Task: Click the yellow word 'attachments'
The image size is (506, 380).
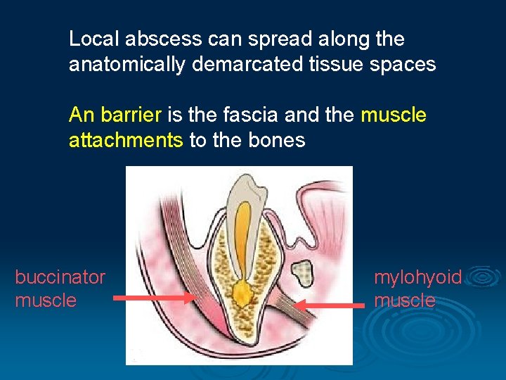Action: [126, 140]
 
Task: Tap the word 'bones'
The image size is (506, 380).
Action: [277, 140]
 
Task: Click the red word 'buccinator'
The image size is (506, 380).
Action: [60, 277]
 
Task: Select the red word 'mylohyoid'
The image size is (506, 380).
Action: [418, 277]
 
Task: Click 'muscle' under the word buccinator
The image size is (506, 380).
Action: [46, 300]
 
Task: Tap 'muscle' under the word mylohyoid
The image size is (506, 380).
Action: [405, 300]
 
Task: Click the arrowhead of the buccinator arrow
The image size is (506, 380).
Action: [190, 298]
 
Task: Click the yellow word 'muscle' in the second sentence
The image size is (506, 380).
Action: [394, 114]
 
